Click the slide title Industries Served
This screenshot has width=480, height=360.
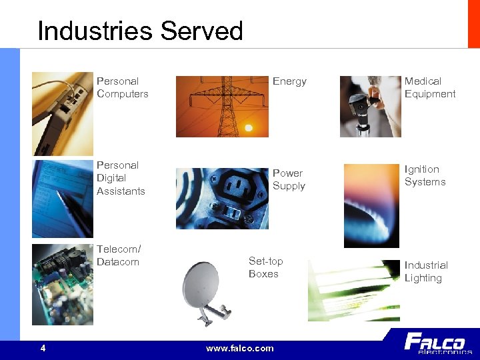pyautogui.click(x=140, y=31)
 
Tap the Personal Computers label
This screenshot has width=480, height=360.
pyautogui.click(x=122, y=87)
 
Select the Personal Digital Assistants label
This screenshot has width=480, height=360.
pyautogui.click(x=121, y=178)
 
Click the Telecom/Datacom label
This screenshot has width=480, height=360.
pyautogui.click(x=118, y=255)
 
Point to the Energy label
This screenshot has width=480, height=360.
pyautogui.click(x=289, y=81)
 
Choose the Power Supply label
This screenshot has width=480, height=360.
pyautogui.click(x=289, y=179)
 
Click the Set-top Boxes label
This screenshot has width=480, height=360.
pyautogui.click(x=265, y=267)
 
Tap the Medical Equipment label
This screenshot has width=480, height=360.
pyautogui.click(x=430, y=87)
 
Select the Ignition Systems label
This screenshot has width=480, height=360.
pyautogui.click(x=425, y=175)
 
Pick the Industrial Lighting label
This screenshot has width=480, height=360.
pyautogui.click(x=426, y=271)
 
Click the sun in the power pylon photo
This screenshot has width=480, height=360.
pyautogui.click(x=248, y=127)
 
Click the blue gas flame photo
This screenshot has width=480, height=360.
pyautogui.click(x=371, y=205)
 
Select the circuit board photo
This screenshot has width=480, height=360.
pyautogui.click(x=63, y=284)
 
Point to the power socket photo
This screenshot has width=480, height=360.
pyautogui.click(x=222, y=198)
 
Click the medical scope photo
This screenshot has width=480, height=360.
pyautogui.click(x=369, y=107)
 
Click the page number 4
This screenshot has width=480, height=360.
pyautogui.click(x=43, y=348)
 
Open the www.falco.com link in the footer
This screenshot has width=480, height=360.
pyautogui.click(x=240, y=348)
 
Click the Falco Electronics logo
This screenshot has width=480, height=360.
pyautogui.click(x=437, y=344)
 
